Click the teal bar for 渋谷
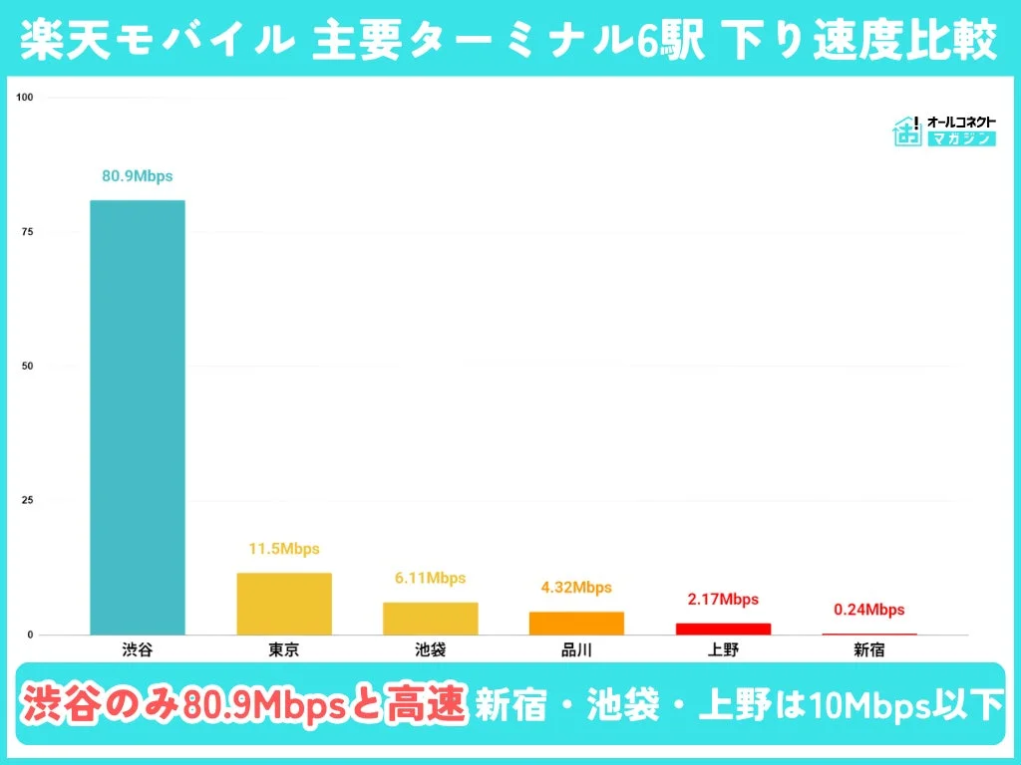click(x=138, y=417)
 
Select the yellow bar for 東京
click(x=284, y=604)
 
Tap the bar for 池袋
click(x=430, y=619)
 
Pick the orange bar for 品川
click(x=576, y=623)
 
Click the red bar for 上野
click(x=723, y=629)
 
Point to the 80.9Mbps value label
click(x=138, y=176)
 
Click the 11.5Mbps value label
click(x=284, y=549)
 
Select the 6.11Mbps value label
click(x=430, y=578)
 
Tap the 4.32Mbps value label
click(x=576, y=588)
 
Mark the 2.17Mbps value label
click(x=723, y=600)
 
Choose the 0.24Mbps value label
click(x=868, y=610)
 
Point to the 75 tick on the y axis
click(x=27, y=231)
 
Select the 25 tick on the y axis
click(x=27, y=500)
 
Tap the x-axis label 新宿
click(x=868, y=650)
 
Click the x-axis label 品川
click(x=576, y=650)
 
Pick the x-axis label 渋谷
click(x=138, y=650)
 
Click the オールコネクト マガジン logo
click(x=943, y=130)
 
